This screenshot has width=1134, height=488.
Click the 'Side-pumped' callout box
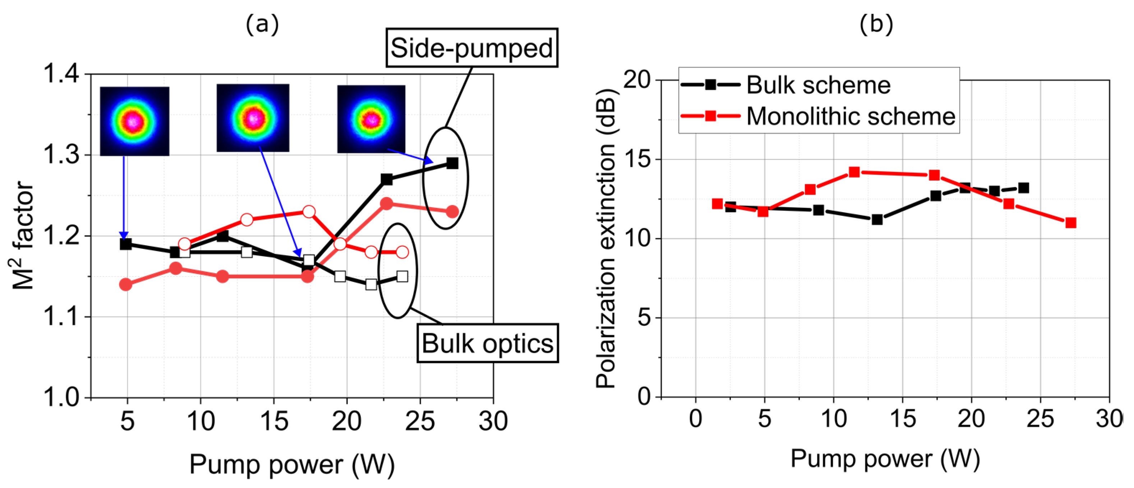pos(471,48)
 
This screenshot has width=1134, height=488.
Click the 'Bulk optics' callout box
pos(487,343)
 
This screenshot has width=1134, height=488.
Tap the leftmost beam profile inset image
pos(134,121)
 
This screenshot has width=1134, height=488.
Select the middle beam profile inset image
pos(253,118)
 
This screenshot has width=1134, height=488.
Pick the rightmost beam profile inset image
pos(371,119)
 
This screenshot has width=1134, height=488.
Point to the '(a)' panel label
pos(262,24)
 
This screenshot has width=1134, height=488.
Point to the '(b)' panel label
pos(876,24)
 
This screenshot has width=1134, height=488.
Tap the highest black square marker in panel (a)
pos(452,163)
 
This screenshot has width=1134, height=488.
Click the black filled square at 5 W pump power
pos(125,244)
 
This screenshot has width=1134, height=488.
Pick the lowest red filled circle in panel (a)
pos(125,284)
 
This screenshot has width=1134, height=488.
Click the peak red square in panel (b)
pos(854,172)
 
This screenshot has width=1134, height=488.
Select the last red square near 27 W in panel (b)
pos(1071,223)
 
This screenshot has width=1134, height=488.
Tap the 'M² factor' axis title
pos(23,236)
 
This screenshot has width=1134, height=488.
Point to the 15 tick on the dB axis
pos(637,159)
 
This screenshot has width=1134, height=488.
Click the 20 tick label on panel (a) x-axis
pos(346,421)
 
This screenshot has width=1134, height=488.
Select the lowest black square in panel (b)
pos(877,219)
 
